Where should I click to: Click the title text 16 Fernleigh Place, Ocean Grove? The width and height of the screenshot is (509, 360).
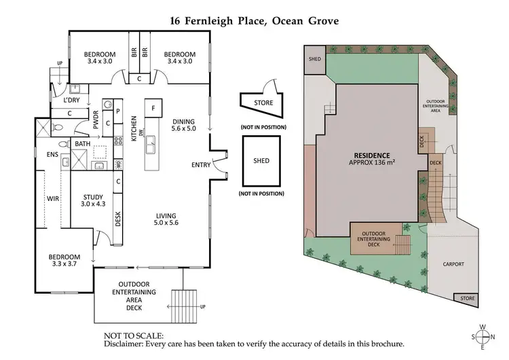254,20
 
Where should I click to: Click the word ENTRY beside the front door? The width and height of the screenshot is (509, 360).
201,165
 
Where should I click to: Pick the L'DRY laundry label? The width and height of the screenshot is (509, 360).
72,101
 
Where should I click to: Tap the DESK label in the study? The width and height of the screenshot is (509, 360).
118,218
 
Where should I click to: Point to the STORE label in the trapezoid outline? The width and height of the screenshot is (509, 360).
263,103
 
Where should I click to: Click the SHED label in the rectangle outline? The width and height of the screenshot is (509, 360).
261,161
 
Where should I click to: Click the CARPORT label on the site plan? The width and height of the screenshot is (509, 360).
453,264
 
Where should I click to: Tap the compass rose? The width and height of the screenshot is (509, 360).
483,337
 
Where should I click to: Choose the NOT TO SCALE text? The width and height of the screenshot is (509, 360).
134,336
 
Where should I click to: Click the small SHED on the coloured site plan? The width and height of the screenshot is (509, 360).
315,58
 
